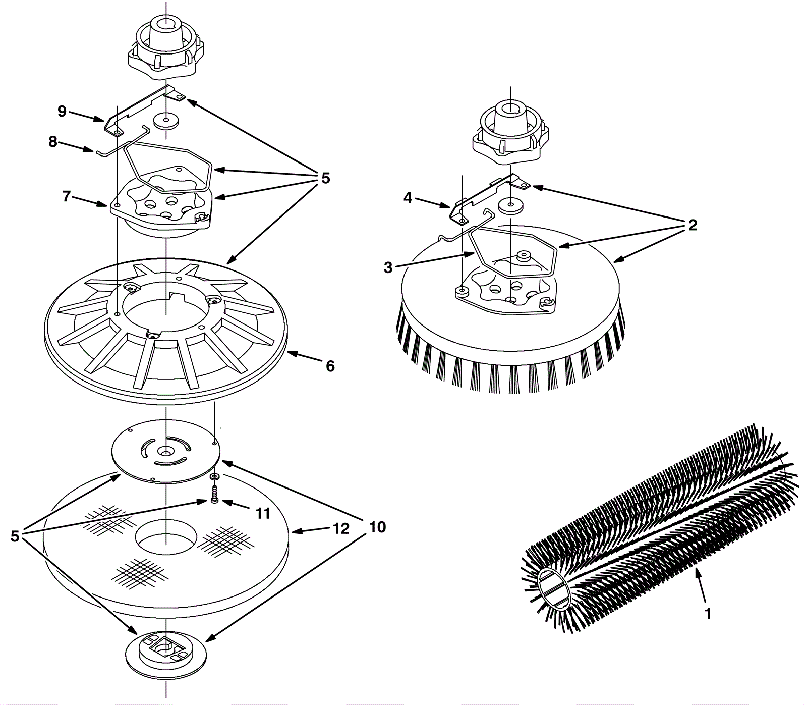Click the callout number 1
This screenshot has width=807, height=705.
[x=708, y=613]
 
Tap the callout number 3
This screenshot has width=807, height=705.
[x=388, y=267]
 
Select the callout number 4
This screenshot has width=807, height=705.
[x=408, y=198]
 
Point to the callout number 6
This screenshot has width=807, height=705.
[x=330, y=366]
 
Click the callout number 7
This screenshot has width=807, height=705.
[x=66, y=196]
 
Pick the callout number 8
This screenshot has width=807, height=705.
[x=53, y=142]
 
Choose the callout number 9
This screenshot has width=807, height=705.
[x=62, y=111]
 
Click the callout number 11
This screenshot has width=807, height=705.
[x=262, y=514]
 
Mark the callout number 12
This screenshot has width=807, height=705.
[x=341, y=529]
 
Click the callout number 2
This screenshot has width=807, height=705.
[x=693, y=225]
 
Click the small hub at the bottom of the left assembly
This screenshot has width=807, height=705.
[x=166, y=654]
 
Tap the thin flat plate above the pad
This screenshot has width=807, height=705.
[x=165, y=451]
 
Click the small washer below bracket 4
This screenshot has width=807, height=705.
[x=511, y=205]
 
